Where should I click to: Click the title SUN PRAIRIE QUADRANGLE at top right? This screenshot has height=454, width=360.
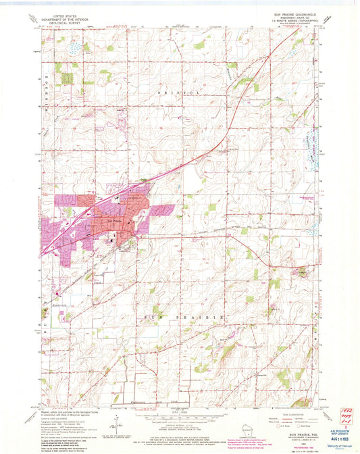click(291, 14)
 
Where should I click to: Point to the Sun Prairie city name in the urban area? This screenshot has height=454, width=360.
click(115, 221)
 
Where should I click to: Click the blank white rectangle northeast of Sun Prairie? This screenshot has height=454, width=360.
click(192, 180)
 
